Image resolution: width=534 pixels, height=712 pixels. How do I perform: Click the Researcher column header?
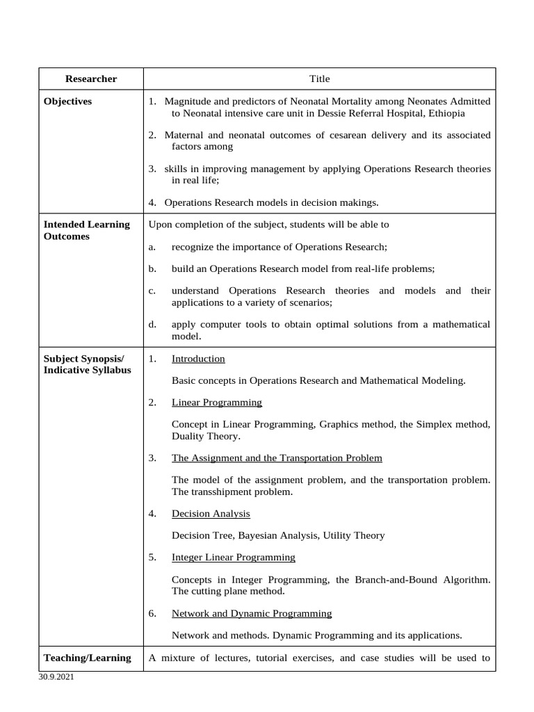(x=91, y=79)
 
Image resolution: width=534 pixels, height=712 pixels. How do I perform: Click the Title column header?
(x=320, y=79)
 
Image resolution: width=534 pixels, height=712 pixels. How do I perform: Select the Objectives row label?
(x=67, y=102)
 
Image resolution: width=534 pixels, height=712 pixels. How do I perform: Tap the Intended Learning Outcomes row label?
(x=86, y=230)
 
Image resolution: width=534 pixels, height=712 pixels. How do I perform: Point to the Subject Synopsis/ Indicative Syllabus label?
(x=87, y=364)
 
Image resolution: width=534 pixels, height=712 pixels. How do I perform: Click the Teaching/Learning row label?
(x=87, y=658)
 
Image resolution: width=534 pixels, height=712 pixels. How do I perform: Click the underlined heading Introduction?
(x=198, y=359)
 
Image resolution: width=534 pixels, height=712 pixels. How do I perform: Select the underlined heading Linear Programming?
(x=217, y=403)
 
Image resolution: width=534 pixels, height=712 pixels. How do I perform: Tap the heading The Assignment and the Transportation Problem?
(x=277, y=458)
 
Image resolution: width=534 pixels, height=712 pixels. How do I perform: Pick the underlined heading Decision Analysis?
(x=211, y=514)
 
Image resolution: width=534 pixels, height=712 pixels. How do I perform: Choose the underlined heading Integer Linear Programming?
(x=234, y=558)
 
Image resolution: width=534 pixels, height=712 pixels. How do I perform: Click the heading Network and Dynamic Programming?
(x=252, y=613)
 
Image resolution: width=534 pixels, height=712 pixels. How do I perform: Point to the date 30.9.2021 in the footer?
(x=56, y=677)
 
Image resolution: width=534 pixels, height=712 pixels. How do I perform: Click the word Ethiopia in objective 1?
(x=447, y=113)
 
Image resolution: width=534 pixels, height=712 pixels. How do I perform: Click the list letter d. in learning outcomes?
(x=152, y=324)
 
